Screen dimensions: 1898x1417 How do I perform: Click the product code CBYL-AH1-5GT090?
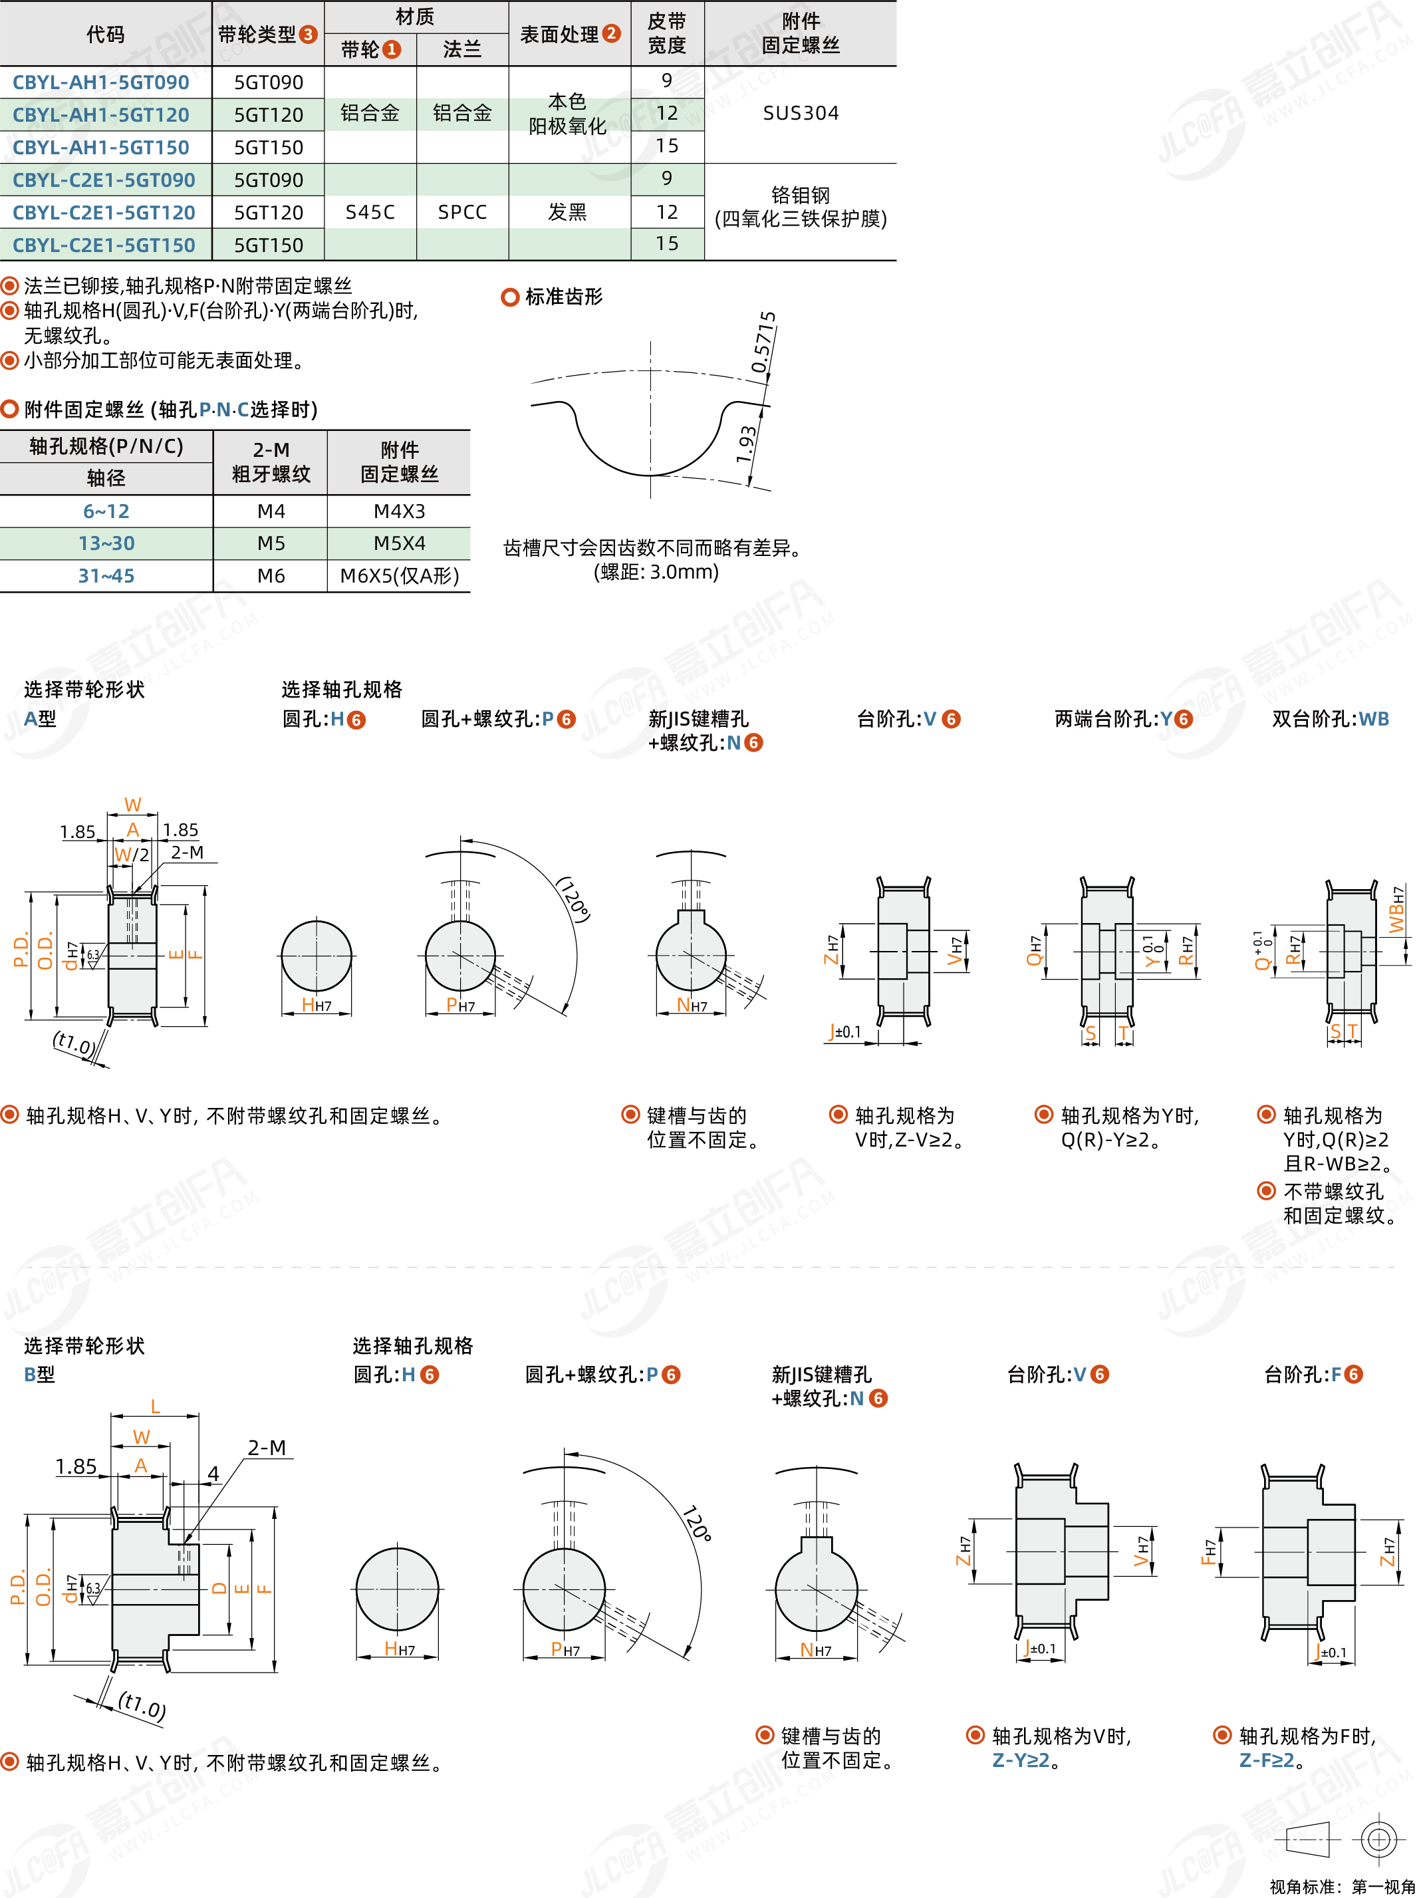[100, 82]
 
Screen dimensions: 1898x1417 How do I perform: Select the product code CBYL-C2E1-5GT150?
[104, 245]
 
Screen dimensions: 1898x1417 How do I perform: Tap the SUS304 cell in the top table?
[801, 113]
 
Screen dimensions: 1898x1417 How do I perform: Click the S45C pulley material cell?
[370, 212]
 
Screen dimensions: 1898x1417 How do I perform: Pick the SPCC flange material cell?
[462, 212]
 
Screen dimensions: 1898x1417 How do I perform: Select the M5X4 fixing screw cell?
[399, 543]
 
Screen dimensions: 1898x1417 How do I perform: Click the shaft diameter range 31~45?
[106, 575]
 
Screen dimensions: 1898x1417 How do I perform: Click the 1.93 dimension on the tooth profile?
[746, 444]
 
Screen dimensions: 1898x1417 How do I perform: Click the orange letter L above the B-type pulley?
[155, 1407]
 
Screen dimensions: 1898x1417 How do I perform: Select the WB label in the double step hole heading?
[1373, 719]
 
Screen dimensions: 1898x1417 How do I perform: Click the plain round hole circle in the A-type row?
[317, 956]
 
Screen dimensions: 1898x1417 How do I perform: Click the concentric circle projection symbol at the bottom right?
[1378, 1839]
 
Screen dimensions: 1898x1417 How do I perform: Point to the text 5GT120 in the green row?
[269, 115]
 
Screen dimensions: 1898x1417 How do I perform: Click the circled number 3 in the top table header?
[308, 35]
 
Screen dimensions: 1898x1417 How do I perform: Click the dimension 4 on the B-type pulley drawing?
[213, 1474]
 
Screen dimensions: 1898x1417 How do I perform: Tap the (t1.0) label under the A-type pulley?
[74, 1044]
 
